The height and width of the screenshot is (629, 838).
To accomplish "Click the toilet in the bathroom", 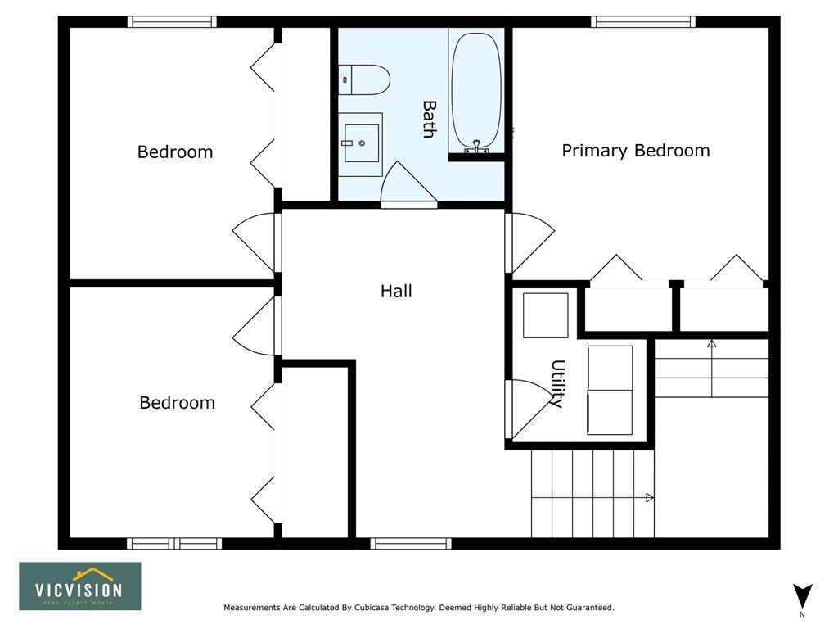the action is coord(364,79).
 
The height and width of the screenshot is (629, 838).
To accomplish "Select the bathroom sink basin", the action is coord(361,143).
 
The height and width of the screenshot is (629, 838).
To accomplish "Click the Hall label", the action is coord(396,291).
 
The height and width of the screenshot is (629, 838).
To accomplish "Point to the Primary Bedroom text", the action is coord(635,151).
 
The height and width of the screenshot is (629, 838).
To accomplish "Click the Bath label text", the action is coord(429,120).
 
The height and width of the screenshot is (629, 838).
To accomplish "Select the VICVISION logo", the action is coord(80,586).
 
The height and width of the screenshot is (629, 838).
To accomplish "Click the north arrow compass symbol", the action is coord(802,597).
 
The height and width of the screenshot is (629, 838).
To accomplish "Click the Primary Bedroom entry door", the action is coord(529,243).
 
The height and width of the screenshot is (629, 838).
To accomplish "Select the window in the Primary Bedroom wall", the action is coord(643,22).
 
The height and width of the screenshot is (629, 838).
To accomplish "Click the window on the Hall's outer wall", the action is coord(411,544).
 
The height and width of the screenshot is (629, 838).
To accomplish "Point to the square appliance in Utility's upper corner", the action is coord(545,315).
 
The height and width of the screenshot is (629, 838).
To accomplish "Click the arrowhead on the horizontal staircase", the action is coord(649,498).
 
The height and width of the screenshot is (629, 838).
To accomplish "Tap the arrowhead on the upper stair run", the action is coord(711,344).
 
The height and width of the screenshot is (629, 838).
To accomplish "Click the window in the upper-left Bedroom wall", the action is coord(172,22).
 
